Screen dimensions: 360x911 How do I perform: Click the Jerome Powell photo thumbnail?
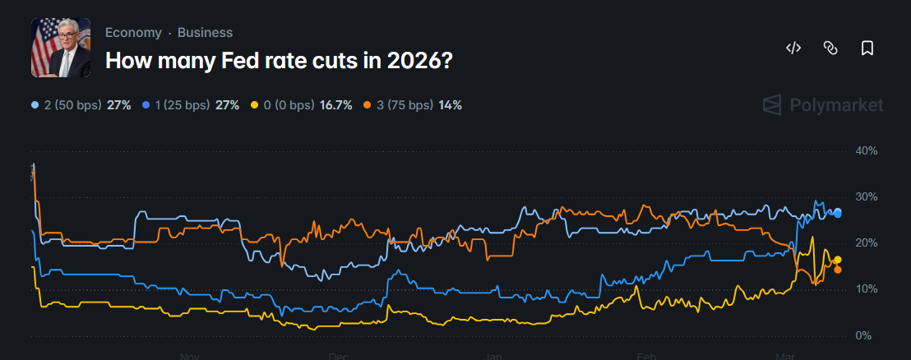(61, 48)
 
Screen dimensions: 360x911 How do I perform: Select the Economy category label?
(133, 33)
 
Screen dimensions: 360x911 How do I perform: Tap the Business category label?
(205, 33)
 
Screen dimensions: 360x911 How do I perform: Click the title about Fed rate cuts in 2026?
(279, 61)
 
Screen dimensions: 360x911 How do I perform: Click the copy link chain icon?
(830, 48)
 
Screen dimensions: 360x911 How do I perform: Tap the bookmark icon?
(867, 48)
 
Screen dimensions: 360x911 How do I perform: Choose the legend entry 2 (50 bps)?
(70, 105)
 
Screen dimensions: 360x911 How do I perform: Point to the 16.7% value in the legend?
(336, 105)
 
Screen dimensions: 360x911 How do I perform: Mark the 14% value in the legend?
(450, 105)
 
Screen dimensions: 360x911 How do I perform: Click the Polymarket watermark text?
(836, 105)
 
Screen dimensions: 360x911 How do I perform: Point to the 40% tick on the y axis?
(867, 151)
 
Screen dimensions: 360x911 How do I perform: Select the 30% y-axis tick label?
(867, 197)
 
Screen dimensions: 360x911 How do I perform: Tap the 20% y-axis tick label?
(867, 243)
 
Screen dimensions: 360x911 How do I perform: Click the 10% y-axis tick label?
(867, 289)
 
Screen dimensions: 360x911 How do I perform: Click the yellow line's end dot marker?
(837, 260)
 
